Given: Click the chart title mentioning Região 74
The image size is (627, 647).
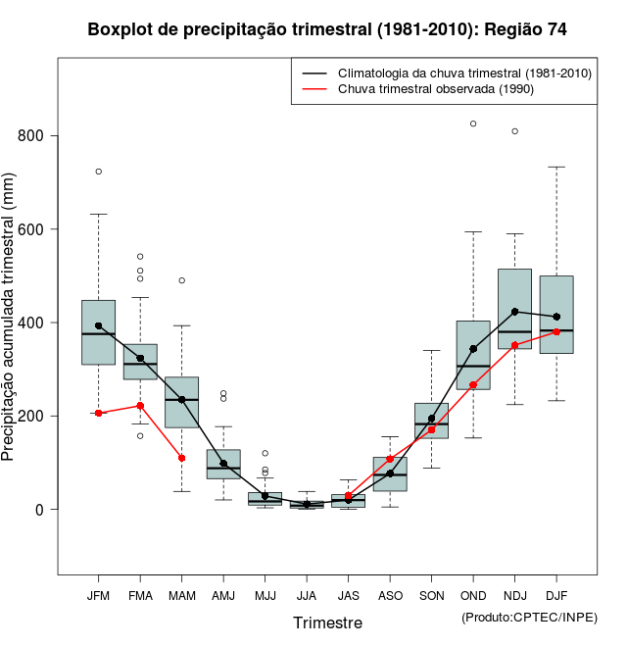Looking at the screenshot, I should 327,29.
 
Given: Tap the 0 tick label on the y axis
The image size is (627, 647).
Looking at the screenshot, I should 39,510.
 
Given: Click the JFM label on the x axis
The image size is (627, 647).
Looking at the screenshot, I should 98,595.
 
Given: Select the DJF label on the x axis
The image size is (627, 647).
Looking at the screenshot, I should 556,595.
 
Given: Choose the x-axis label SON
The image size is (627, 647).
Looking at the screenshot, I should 431,595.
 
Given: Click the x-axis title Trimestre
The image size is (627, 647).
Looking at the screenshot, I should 327,622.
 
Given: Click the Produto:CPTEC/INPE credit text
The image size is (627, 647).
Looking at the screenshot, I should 529,617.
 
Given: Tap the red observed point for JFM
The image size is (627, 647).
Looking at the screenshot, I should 98,413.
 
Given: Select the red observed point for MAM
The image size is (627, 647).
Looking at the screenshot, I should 181,458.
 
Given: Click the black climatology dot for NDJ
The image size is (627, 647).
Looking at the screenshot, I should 515,312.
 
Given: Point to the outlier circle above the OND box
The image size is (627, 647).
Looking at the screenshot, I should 473,124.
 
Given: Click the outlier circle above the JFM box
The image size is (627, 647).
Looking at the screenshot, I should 98,172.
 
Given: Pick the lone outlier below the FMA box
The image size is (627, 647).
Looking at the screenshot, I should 140,435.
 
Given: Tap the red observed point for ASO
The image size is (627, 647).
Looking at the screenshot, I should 390,459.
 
